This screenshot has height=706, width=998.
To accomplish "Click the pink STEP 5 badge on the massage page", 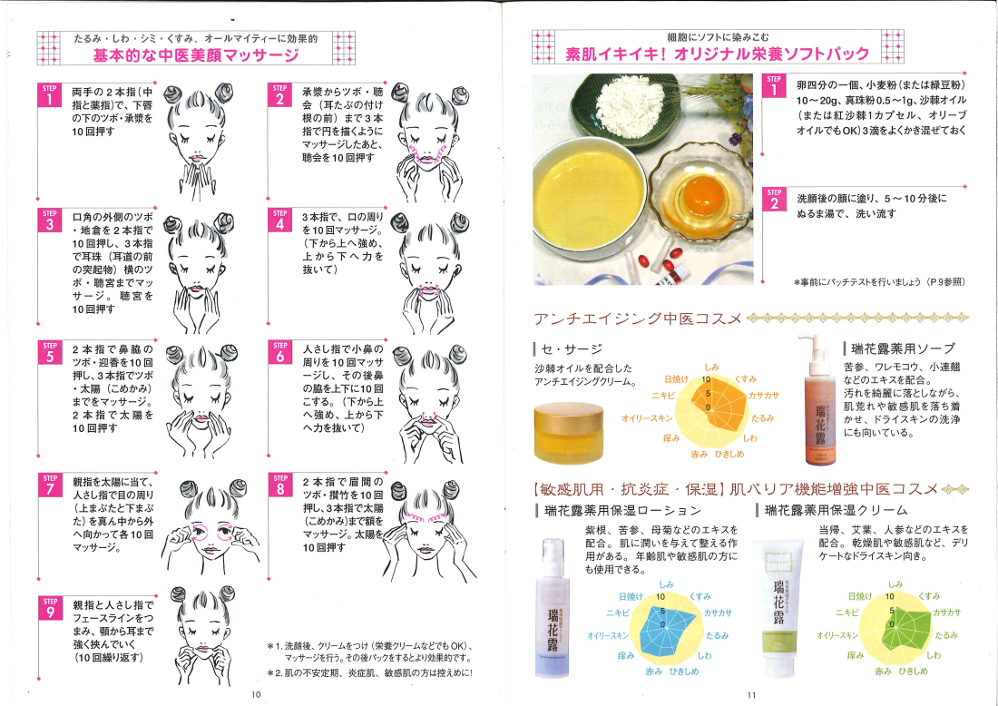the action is [50, 352].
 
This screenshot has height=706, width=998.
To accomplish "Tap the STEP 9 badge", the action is [50, 608].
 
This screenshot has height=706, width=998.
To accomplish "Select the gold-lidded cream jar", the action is [568, 432].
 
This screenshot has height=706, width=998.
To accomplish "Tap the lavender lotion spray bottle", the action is [553, 608].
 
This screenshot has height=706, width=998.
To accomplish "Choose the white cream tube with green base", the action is [780, 609].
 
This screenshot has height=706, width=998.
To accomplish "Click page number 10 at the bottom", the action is [256, 694].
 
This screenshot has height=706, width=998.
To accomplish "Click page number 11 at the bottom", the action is [752, 695].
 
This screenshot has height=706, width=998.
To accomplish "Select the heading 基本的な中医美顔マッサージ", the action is [196, 55].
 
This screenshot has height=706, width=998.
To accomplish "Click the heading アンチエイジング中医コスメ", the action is [638, 319].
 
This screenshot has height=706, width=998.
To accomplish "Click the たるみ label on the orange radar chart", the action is [762, 418].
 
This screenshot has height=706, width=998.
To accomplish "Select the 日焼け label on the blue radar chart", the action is [631, 596].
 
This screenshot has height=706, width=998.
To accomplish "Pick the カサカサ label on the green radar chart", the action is [947, 612].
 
